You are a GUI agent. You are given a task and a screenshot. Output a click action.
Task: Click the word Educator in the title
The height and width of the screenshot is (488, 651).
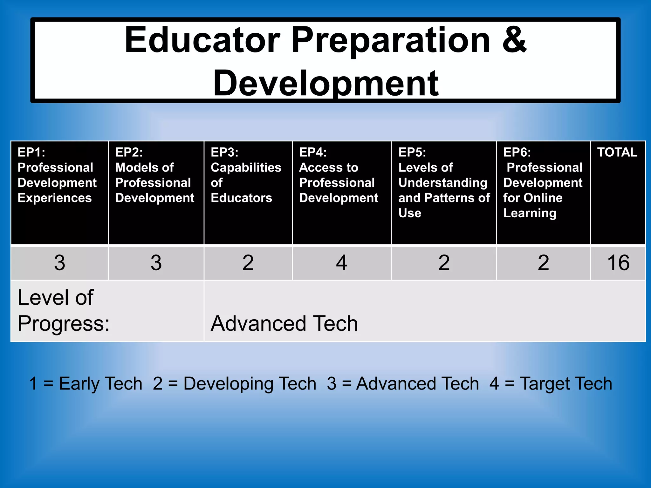[x=202, y=40]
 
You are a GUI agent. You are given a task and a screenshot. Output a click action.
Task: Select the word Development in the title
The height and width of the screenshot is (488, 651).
[x=326, y=83]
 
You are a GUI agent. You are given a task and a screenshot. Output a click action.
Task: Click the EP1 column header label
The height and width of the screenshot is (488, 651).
[x=57, y=175]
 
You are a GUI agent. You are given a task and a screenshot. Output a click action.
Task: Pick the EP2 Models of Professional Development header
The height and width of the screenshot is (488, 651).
[x=154, y=175]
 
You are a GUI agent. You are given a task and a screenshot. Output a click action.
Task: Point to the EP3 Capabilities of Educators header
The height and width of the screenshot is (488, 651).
[x=246, y=175]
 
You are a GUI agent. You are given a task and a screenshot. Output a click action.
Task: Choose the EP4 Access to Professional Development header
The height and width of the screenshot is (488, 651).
[x=339, y=175]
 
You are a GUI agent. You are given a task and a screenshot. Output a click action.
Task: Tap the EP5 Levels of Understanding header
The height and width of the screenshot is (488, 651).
[x=444, y=182]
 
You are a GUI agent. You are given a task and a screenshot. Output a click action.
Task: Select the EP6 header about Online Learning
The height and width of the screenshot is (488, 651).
[x=543, y=182]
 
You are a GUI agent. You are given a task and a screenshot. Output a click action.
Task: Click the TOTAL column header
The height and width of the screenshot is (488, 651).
[x=617, y=152]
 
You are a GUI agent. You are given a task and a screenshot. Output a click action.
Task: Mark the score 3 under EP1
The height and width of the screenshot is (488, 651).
[x=60, y=263]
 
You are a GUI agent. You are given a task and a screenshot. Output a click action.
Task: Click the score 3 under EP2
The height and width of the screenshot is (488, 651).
[x=156, y=263]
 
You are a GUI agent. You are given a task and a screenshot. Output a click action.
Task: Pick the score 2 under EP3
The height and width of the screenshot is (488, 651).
[x=248, y=263]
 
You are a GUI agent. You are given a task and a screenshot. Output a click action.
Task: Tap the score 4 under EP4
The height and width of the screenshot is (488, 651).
[x=342, y=263]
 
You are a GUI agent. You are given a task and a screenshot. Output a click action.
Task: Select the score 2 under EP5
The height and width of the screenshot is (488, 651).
[x=444, y=263]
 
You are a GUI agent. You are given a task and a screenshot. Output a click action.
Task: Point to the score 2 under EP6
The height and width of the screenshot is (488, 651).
[x=543, y=263]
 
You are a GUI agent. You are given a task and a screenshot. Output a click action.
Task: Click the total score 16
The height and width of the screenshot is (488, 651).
[x=618, y=263]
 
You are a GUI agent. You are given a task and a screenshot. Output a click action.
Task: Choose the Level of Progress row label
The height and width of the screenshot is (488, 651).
[x=64, y=310]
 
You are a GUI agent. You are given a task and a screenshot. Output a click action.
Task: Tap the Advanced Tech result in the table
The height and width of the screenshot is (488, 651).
[x=284, y=323]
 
